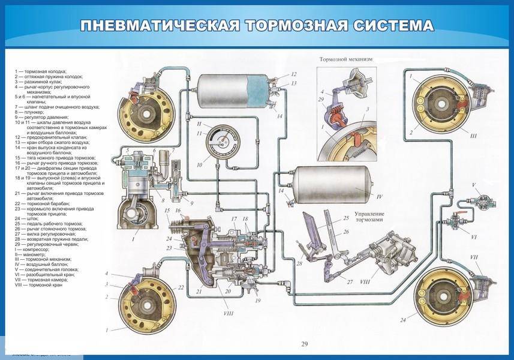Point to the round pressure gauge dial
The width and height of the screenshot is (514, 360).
(x=215, y=142)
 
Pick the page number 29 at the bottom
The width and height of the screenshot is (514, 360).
(x=303, y=344)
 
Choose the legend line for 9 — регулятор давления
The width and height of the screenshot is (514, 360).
(x=44, y=118)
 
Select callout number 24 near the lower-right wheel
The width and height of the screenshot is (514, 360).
(x=403, y=321)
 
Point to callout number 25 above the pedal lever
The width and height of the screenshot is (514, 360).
(x=345, y=218)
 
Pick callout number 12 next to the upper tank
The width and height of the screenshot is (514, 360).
(x=294, y=74)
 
